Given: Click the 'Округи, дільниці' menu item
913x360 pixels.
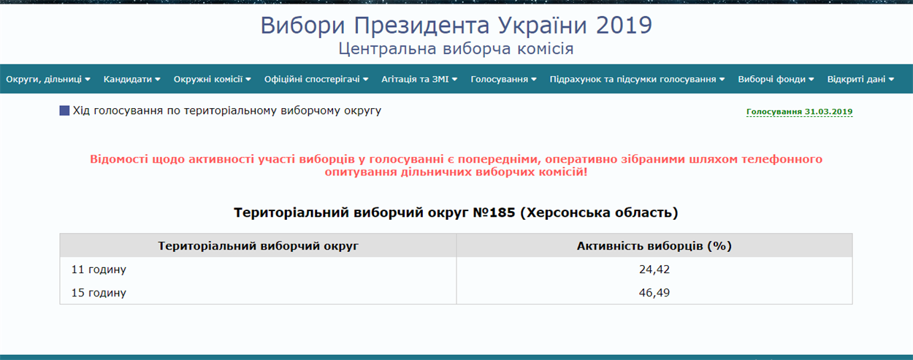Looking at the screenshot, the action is click(x=48, y=79).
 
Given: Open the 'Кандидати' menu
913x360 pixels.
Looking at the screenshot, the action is click(x=131, y=79).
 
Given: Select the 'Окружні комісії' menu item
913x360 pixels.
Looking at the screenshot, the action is click(x=212, y=79).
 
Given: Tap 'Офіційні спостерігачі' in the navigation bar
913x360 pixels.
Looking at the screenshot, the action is click(x=316, y=79).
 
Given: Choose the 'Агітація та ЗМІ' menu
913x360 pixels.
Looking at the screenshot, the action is click(x=419, y=79).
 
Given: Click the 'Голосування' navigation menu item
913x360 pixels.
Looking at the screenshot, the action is click(x=503, y=79).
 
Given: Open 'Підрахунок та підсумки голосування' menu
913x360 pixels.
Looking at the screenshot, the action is click(x=637, y=79).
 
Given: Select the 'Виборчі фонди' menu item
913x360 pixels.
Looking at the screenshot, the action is click(x=776, y=79).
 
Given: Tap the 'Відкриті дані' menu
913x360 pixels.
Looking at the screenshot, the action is click(x=860, y=79).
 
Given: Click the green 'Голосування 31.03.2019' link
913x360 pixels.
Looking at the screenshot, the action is click(x=799, y=112).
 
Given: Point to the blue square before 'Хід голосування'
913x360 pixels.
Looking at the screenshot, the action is click(x=64, y=110).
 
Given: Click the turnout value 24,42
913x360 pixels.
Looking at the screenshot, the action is click(x=654, y=269).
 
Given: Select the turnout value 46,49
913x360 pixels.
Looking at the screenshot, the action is click(x=654, y=292).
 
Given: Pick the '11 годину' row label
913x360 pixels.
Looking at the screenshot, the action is click(x=99, y=269).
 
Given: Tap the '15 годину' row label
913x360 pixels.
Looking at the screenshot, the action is click(x=99, y=293).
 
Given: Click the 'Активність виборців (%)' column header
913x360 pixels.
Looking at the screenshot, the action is click(x=654, y=246).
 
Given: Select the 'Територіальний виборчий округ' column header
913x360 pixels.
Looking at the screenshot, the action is click(x=258, y=246).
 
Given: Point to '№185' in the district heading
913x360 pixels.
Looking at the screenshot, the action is click(x=494, y=212).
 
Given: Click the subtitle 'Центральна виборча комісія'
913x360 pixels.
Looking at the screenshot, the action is click(x=456, y=48).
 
